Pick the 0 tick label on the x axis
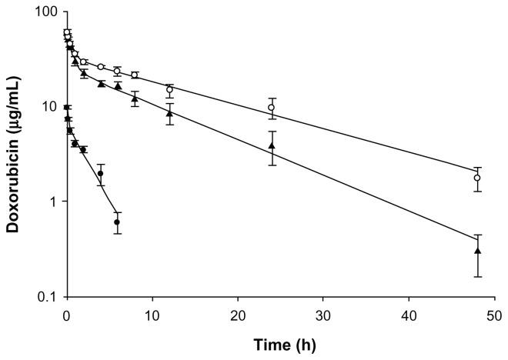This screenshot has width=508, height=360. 66,315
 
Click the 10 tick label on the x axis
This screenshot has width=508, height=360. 152,315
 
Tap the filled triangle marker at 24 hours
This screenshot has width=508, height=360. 272,145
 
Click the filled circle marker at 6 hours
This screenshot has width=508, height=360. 117,222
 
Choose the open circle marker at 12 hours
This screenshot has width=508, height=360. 169,90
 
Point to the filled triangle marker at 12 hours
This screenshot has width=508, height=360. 169,113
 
